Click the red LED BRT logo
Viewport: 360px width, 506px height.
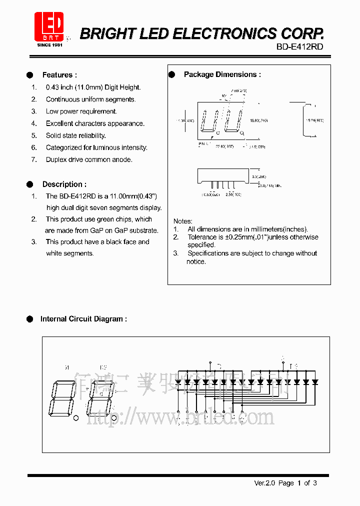(x=49, y=26)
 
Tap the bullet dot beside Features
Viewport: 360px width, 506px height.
(x=30, y=75)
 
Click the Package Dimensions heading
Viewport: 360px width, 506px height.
(x=222, y=74)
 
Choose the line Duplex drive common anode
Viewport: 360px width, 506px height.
(x=89, y=159)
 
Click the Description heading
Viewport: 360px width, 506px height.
(x=64, y=184)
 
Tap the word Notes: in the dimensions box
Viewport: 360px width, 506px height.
(x=182, y=221)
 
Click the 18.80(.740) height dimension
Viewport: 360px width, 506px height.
(x=258, y=120)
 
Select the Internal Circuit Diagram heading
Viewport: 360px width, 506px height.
(x=83, y=318)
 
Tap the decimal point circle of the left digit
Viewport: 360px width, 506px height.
(x=75, y=418)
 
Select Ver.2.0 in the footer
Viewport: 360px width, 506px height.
(x=264, y=483)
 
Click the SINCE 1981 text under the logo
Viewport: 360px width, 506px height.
(x=49, y=44)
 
